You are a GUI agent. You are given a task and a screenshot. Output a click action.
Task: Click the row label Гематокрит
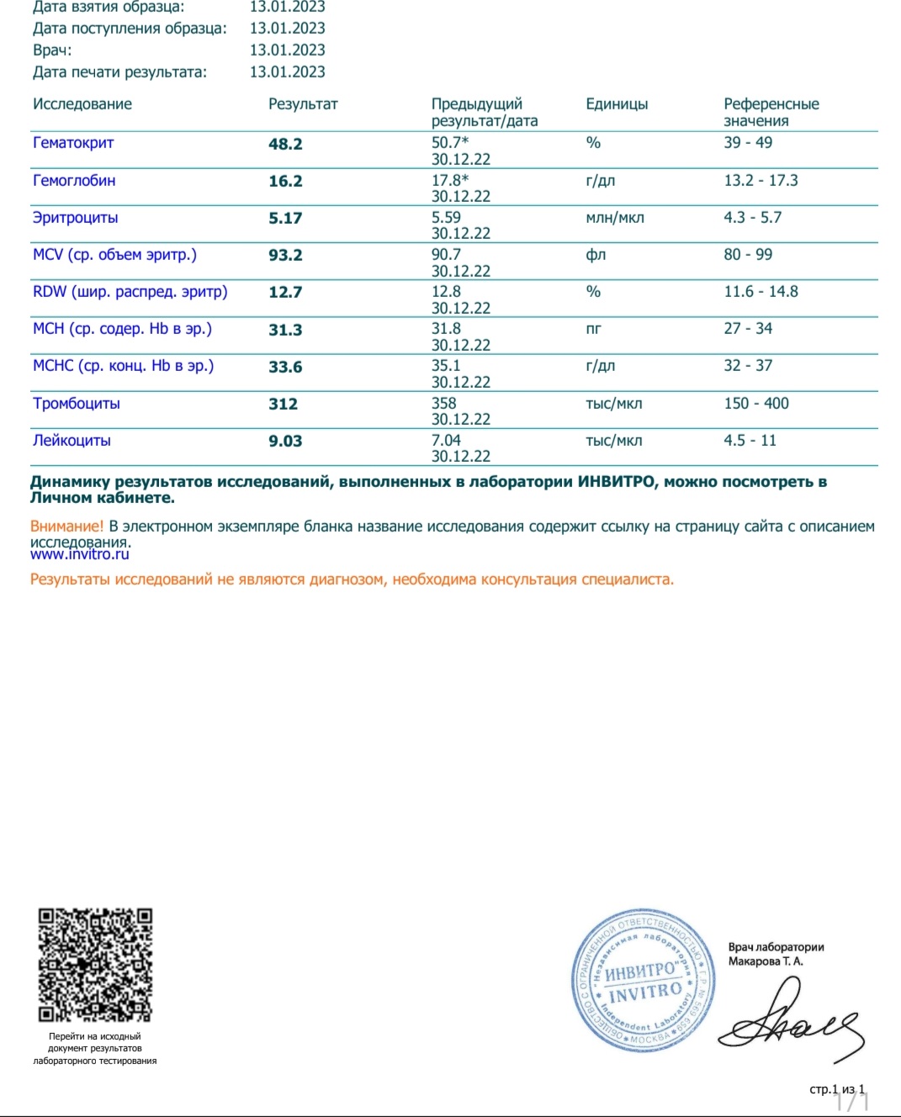point(73,143)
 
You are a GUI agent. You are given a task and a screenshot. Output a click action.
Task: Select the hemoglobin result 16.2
point(285,181)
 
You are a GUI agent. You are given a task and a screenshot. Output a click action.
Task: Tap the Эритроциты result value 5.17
point(285,218)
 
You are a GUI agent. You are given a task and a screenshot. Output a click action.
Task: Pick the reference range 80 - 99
point(748,255)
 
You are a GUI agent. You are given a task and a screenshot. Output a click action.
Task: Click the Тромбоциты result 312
point(284,404)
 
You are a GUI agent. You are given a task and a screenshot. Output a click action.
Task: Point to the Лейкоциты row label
point(72,441)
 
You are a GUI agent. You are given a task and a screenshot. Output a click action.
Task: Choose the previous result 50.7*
point(450,143)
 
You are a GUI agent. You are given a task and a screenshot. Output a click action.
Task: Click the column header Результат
point(303,104)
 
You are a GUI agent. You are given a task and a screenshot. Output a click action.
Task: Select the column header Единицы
point(617,104)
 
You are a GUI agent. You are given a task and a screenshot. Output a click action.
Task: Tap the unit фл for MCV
point(596,255)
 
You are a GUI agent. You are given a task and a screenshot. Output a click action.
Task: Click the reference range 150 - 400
point(756,404)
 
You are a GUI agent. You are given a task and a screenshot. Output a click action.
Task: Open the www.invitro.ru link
point(80,554)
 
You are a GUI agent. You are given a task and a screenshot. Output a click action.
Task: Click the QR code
point(95,965)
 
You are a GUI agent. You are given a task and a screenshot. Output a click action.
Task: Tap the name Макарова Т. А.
point(766,961)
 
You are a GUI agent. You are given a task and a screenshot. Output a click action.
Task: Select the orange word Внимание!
point(66,527)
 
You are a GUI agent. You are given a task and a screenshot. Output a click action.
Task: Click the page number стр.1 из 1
point(836,1089)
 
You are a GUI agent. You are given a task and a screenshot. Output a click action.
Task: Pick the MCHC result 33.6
point(285,367)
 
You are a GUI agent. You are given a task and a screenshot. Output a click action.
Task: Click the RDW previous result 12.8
point(446,292)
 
